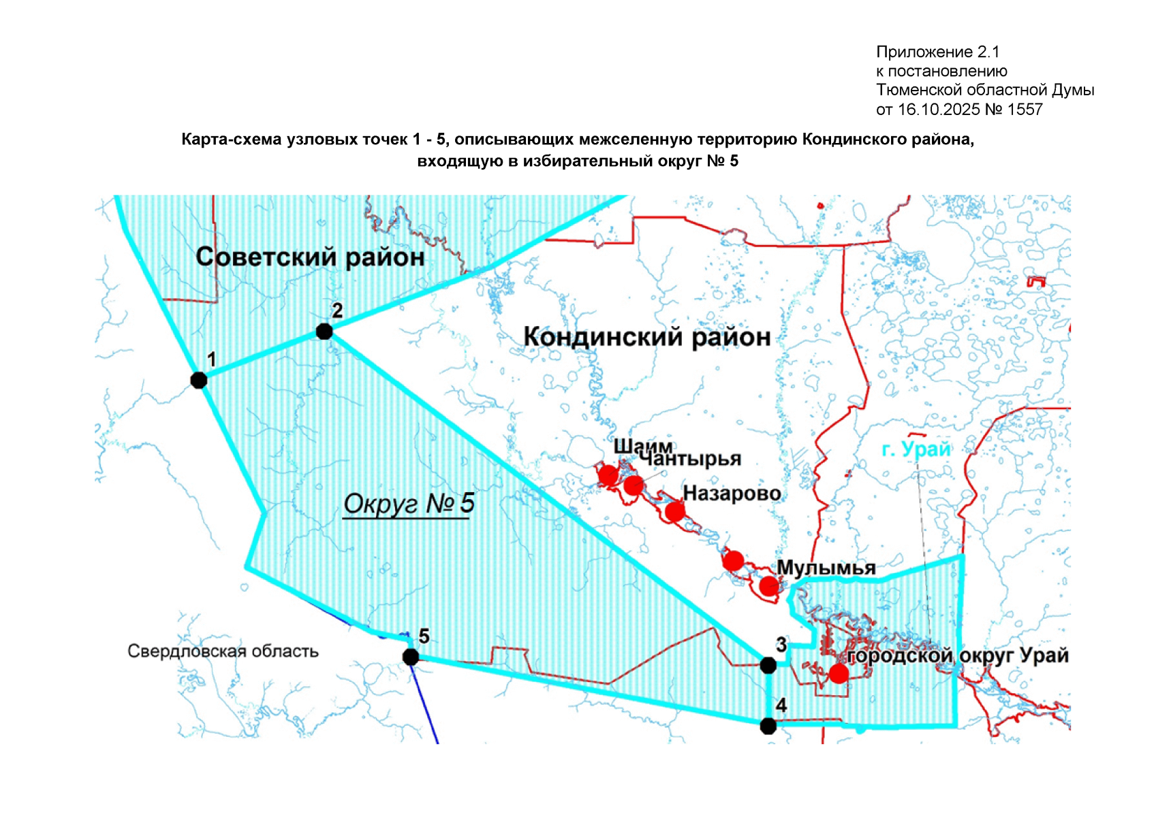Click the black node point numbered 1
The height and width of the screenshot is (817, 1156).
tap(199, 380)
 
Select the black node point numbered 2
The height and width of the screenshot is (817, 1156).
tap(324, 332)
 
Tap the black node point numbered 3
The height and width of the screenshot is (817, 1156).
tap(768, 665)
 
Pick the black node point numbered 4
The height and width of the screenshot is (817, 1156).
tap(768, 726)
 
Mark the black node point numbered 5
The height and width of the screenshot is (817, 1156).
tap(411, 657)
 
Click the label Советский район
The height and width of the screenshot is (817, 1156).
tap(310, 257)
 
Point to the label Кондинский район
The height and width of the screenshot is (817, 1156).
tap(646, 337)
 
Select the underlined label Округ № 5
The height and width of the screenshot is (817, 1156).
tap(408, 504)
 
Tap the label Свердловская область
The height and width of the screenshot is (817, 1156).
tap(223, 652)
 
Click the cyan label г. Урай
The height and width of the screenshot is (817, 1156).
tap(916, 449)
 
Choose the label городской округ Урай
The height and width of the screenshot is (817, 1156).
tap(957, 656)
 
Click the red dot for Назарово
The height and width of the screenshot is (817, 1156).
tap(674, 511)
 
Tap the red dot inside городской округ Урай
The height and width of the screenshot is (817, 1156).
tap(839, 673)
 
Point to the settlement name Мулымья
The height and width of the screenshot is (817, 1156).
tap(826, 568)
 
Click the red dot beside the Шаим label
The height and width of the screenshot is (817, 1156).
tap(608, 475)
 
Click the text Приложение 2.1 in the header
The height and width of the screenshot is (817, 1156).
tap(937, 52)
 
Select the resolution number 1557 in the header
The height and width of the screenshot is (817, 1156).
tap(1025, 110)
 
